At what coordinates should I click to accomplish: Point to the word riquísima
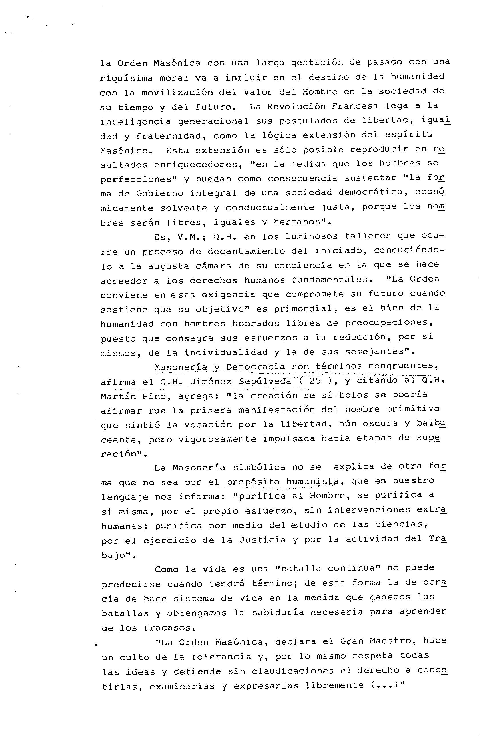126,78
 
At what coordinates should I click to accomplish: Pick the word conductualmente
270,207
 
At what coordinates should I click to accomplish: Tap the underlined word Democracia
256,367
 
